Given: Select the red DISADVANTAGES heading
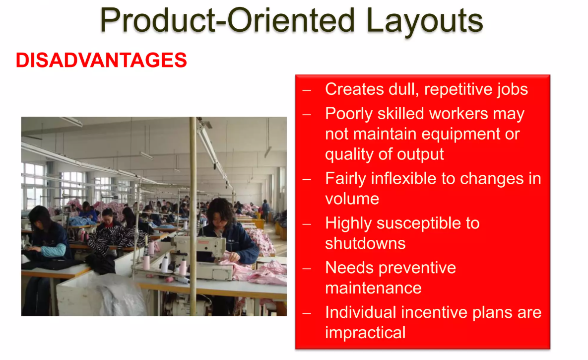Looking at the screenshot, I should click(x=101, y=61).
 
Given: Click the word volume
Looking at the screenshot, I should click(x=352, y=199).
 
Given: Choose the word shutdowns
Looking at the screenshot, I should click(x=365, y=243).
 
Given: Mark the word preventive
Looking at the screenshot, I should click(x=416, y=268).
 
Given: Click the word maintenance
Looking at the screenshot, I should click(x=373, y=288).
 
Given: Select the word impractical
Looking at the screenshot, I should click(x=365, y=332).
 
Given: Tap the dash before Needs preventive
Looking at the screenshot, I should click(x=307, y=269).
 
